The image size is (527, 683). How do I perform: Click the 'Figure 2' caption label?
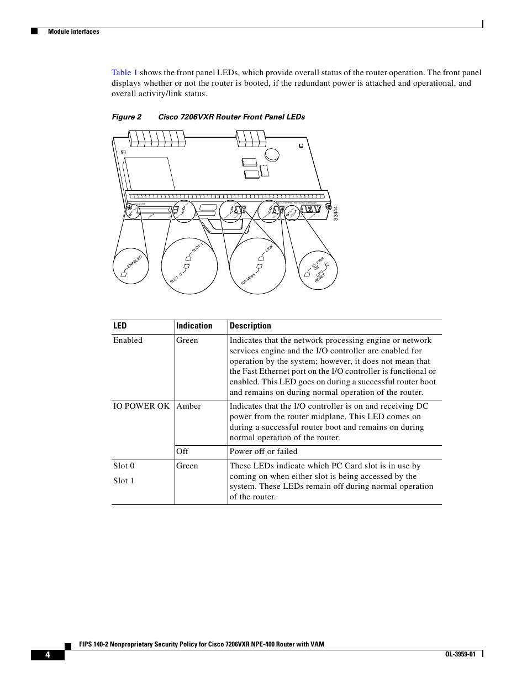tap(127, 117)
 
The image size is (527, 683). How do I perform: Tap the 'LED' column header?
tap(120, 326)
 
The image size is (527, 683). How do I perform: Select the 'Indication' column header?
tap(194, 326)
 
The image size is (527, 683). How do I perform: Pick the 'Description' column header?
tap(250, 326)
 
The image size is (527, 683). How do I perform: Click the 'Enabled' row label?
tap(128, 340)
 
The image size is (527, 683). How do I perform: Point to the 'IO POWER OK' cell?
tap(141, 406)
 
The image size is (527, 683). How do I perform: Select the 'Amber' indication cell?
tap(188, 406)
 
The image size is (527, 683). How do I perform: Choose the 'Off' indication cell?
tap(182, 451)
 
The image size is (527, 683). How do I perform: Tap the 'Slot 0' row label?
tap(124, 466)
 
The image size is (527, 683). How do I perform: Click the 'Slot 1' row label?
tap(124, 481)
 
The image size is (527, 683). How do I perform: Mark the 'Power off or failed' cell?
tap(263, 451)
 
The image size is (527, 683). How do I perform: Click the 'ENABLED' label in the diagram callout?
tap(135, 262)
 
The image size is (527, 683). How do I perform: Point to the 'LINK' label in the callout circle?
tap(269, 248)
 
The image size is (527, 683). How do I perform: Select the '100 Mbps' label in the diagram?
tap(247, 279)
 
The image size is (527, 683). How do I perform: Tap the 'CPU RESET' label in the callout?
tap(320, 276)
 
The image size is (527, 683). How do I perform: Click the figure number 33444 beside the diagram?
tap(335, 213)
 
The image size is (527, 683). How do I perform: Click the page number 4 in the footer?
tap(48, 655)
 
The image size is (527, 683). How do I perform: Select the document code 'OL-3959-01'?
tap(460, 654)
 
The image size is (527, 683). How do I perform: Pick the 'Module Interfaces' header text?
tap(73, 32)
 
